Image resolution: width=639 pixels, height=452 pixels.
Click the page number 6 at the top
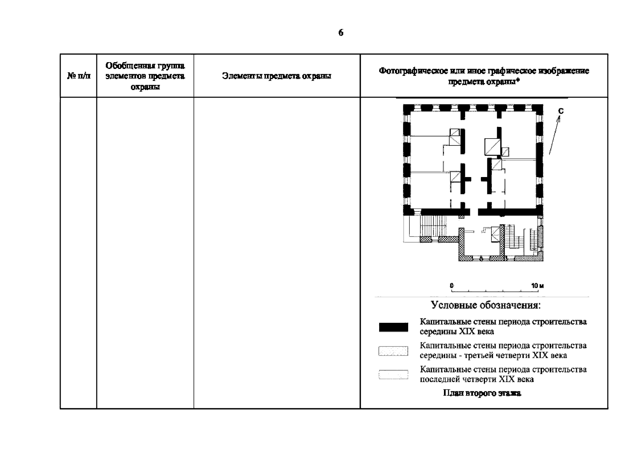(341, 33)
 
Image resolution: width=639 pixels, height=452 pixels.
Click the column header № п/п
(79, 76)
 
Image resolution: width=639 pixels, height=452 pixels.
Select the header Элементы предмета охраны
(277, 76)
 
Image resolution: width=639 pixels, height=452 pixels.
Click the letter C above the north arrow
(561, 111)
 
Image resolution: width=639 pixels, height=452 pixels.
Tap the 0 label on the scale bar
(452, 286)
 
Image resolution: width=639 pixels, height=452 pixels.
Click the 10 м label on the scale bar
(537, 286)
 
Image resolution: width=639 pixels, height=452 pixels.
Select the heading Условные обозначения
(486, 305)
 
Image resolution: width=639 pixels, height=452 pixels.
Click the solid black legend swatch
(393, 327)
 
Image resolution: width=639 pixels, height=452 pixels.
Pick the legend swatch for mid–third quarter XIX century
(393, 351)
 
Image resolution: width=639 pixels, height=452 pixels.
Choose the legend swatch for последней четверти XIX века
(393, 374)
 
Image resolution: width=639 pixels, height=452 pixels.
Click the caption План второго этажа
(482, 393)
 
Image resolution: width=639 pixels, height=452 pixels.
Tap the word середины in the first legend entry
(438, 332)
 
